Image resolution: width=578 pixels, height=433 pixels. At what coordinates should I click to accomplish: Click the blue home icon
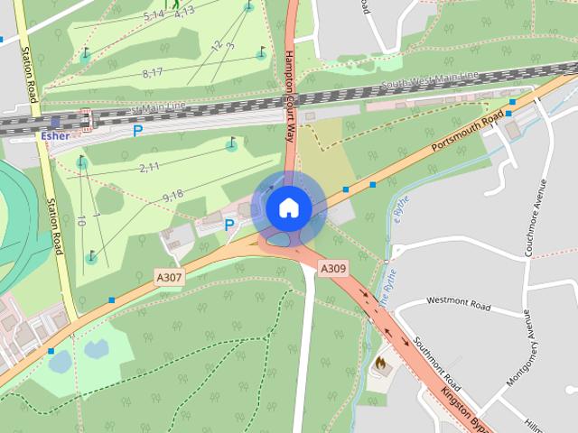coord(288,207)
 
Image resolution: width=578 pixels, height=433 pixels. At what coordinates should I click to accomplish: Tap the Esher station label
coord(55,135)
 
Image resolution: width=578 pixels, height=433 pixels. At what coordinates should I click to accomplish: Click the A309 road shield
coord(333,268)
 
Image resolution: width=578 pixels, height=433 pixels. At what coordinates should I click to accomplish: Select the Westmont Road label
coord(458,304)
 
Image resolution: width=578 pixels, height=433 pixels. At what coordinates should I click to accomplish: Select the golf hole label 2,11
coord(149,167)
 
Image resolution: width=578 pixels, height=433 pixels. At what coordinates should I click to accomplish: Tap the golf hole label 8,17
coord(152,72)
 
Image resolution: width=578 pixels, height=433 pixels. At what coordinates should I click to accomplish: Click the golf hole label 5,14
coord(154,16)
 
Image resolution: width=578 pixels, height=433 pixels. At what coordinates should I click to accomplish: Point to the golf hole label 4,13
coord(183,12)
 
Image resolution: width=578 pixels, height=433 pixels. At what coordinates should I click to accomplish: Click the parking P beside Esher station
coord(137,131)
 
